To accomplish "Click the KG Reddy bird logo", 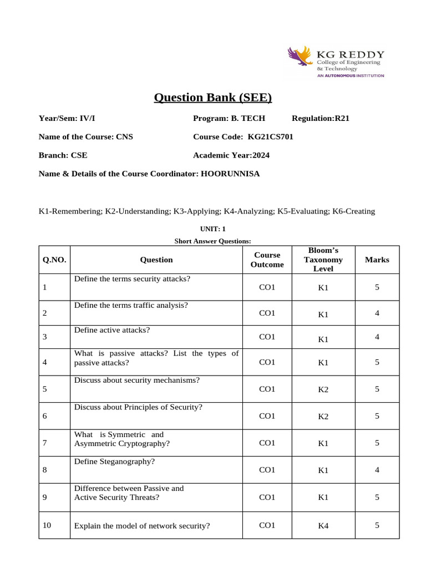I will coord(300,59).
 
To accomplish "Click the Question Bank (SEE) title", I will coord(213,98).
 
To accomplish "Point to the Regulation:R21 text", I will coord(321,118).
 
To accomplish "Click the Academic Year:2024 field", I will coord(231,155).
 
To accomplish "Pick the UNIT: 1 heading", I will coord(213,229).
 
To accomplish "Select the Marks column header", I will coord(377,260).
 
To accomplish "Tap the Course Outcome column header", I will coord(267,260).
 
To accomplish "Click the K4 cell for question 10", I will coord(323,526).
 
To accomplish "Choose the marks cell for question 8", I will coord(377,470).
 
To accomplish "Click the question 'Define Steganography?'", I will coord(114,461).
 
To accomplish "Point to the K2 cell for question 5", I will coord(323,389).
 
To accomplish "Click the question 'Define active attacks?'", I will coord(112,330).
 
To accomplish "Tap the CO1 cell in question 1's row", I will coord(267,287).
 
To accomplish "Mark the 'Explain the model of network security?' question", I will coord(141,525).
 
